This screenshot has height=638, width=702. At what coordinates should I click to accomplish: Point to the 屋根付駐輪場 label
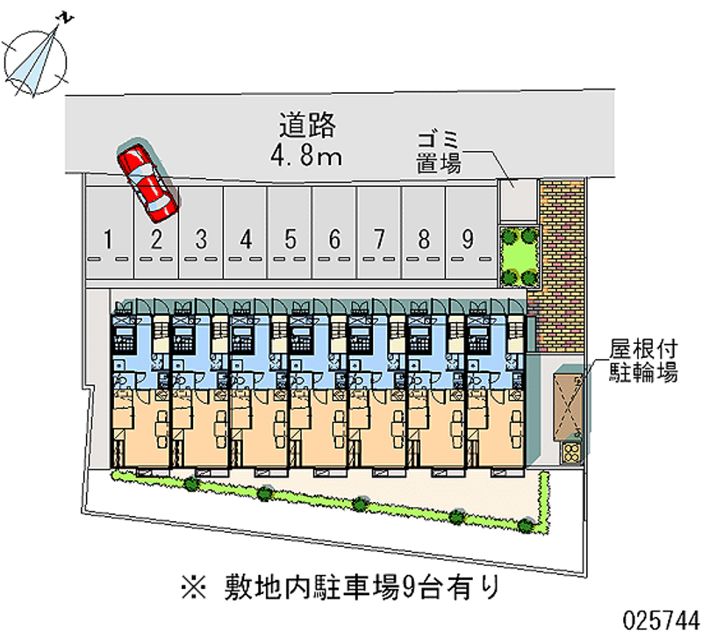tap(644, 360)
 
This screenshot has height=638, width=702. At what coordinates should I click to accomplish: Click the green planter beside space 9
tap(518, 255)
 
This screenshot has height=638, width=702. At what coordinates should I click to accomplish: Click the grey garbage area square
tap(517, 200)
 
